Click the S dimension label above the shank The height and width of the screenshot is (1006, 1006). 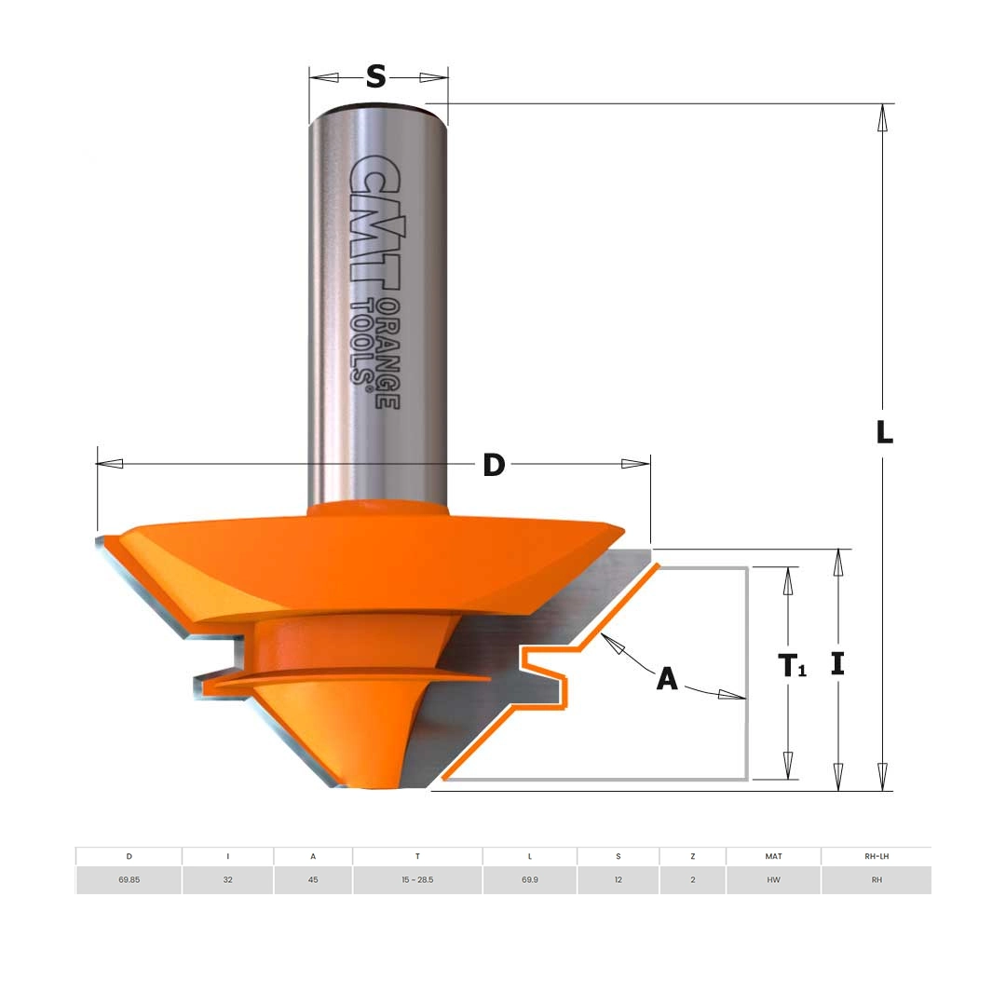click(x=376, y=77)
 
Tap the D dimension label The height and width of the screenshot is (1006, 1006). click(x=494, y=465)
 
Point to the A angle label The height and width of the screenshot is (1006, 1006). click(x=667, y=678)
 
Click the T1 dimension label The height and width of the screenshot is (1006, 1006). click(x=792, y=665)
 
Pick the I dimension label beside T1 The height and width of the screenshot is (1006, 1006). click(x=837, y=664)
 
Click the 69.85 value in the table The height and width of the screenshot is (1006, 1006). click(x=129, y=879)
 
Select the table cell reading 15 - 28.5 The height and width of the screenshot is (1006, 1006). click(x=417, y=879)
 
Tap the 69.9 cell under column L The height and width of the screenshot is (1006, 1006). click(x=530, y=879)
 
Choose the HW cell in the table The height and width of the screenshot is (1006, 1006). click(x=774, y=879)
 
